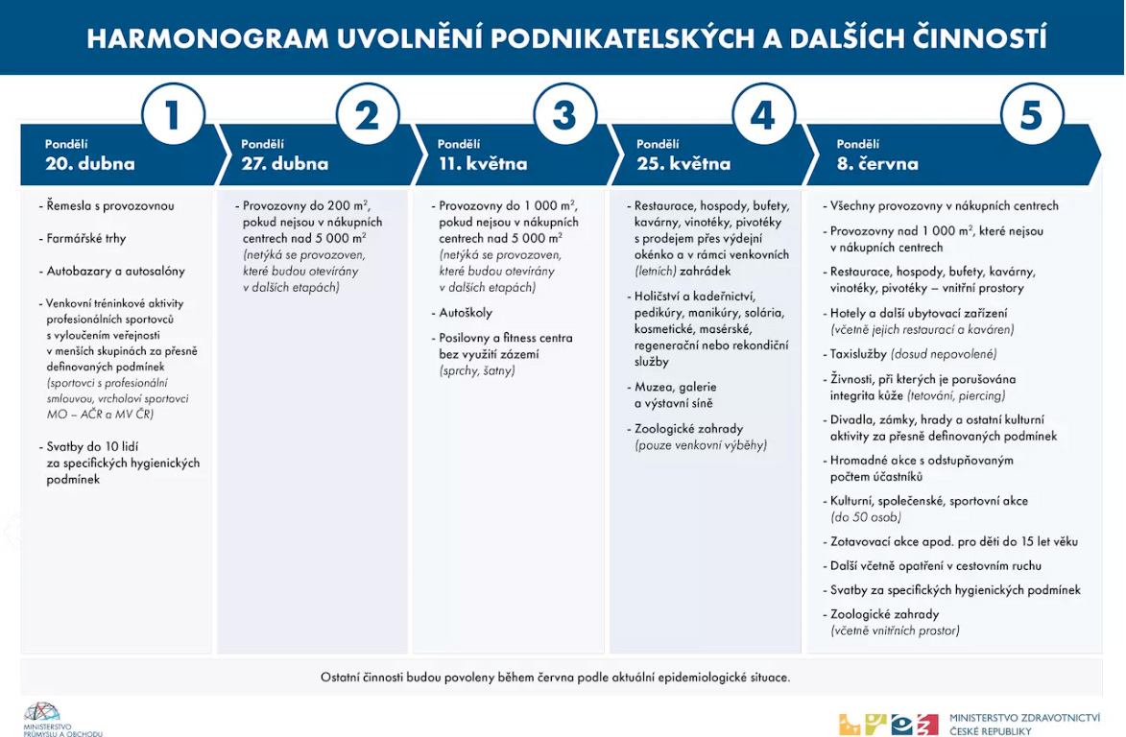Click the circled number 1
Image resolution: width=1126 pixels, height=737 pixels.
click(x=173, y=116)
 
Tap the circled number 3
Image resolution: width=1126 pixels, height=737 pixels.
click(x=564, y=116)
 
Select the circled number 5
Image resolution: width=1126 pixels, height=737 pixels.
click(x=1031, y=116)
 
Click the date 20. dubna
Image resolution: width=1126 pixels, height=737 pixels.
click(x=90, y=163)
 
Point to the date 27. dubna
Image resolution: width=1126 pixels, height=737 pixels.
click(x=284, y=163)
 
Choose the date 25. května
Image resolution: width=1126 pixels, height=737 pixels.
click(x=683, y=163)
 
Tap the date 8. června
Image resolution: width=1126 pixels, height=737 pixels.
click(x=877, y=163)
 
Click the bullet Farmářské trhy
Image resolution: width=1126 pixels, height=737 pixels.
click(x=86, y=238)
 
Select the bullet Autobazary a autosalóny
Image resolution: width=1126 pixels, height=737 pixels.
click(x=115, y=271)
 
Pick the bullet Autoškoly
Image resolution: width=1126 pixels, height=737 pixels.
click(x=466, y=313)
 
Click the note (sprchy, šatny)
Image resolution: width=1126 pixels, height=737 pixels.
click(x=477, y=370)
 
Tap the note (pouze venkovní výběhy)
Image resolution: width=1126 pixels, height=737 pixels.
click(x=700, y=445)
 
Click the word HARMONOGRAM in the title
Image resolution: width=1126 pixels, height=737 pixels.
click(x=203, y=38)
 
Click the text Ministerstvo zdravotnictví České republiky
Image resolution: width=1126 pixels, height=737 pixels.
click(x=1023, y=724)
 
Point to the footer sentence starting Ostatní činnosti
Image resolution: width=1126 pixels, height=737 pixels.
click(x=555, y=678)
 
